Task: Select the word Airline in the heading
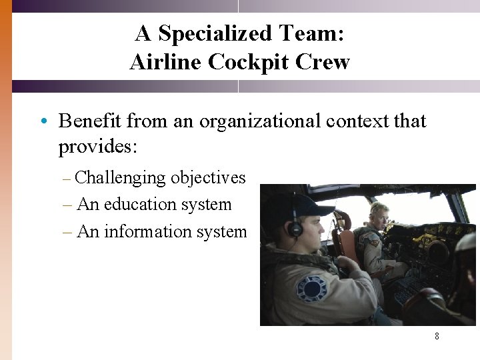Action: [166, 62]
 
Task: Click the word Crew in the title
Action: [322, 62]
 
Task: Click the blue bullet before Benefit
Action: [42, 121]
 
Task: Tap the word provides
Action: [97, 146]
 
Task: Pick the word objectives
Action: [208, 178]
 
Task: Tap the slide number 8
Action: [437, 336]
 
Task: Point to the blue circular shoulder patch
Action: [312, 289]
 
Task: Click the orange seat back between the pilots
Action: [346, 240]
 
